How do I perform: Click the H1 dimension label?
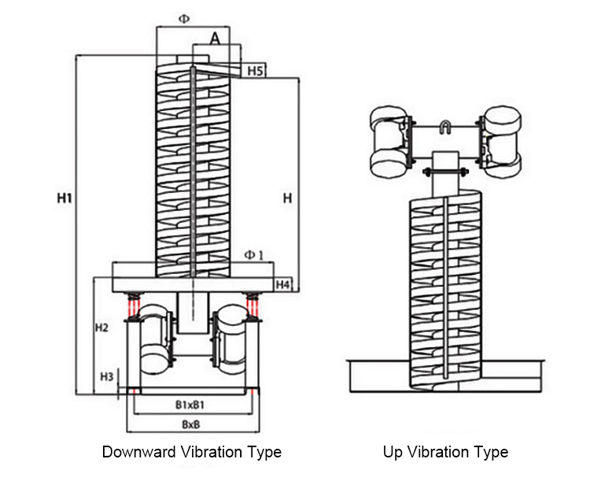tap(65, 199)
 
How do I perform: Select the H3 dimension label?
tap(108, 376)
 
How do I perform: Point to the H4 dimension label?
tap(284, 283)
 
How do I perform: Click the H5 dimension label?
tap(255, 72)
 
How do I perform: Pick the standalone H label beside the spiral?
tap(287, 199)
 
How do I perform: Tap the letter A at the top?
tap(216, 36)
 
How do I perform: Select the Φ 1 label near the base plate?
tap(253, 254)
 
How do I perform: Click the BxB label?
tap(190, 424)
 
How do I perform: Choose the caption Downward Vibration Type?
tap(192, 452)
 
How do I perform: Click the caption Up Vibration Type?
tap(445, 452)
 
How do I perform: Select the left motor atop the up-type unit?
tap(389, 143)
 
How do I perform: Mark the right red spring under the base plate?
tap(252, 302)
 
